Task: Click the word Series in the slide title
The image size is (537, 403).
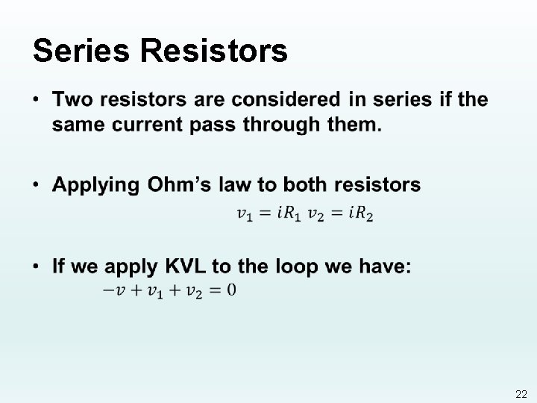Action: point(81,51)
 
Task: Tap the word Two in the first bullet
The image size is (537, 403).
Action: point(72,99)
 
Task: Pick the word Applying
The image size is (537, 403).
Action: point(97,184)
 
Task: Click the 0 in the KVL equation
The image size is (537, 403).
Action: point(231,290)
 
